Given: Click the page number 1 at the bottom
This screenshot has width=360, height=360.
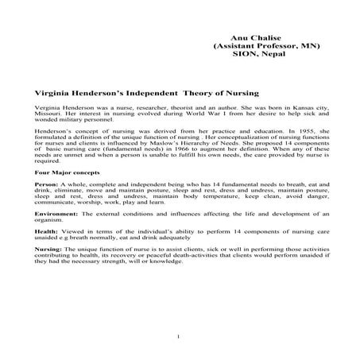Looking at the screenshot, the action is (x=179, y=337).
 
